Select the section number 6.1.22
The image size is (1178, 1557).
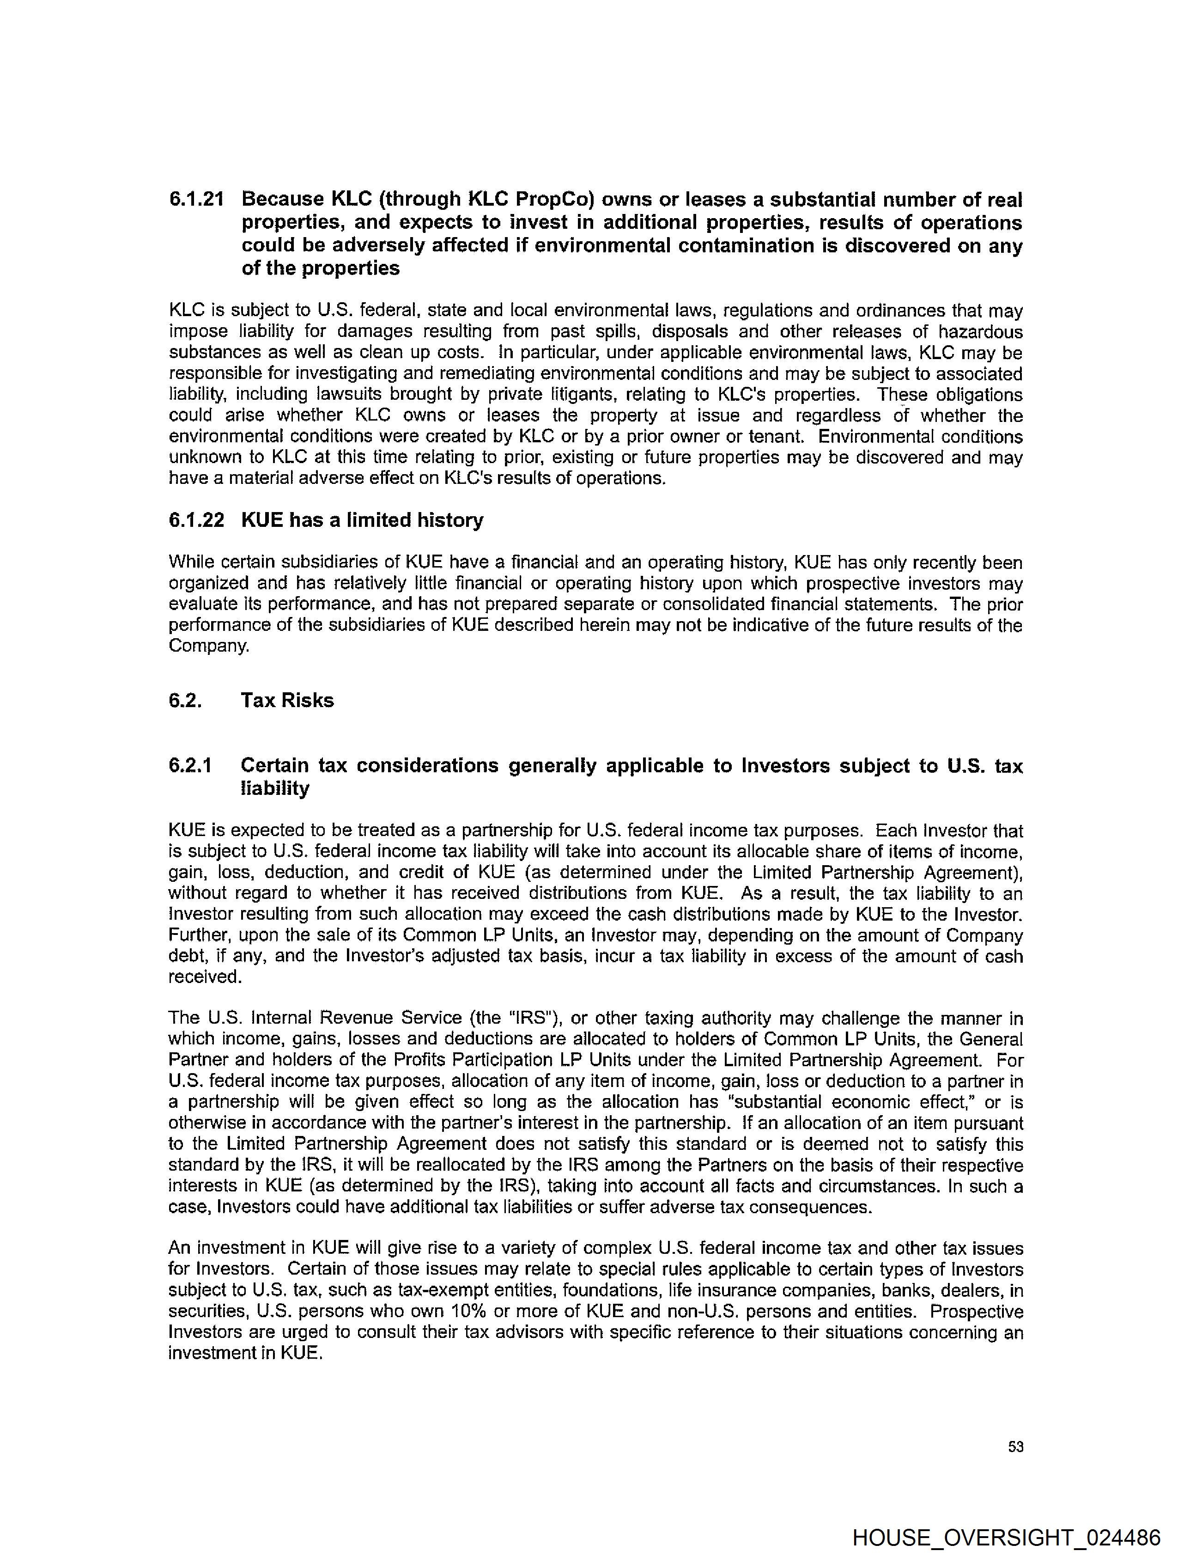click(196, 520)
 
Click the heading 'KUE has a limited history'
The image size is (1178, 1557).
click(362, 520)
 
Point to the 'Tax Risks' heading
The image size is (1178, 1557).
click(287, 700)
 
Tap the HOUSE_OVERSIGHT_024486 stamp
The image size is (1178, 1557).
click(1006, 1537)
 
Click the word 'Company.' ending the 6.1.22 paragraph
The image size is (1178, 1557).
click(209, 646)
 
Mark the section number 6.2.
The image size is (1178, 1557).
click(185, 700)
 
